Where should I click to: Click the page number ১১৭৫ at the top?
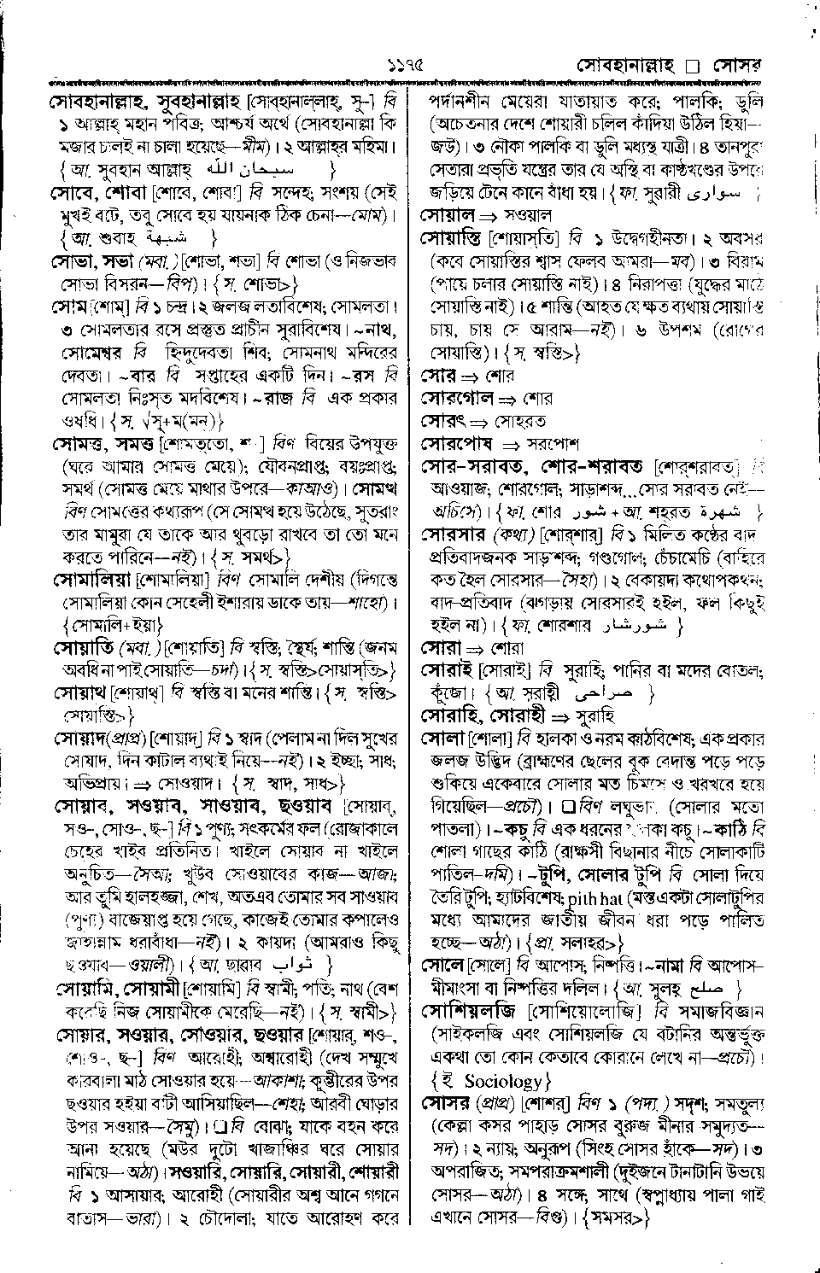click(404, 64)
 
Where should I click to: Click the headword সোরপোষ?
click(459, 444)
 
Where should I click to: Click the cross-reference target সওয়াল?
click(530, 215)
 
